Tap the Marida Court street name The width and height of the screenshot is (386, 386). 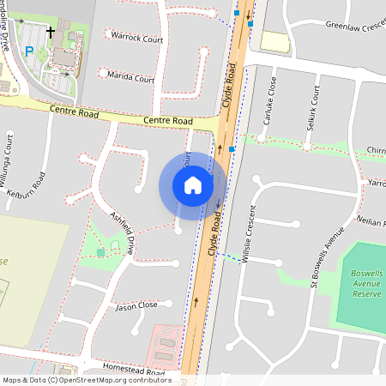(x=132, y=79)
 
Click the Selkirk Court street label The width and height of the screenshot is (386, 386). (x=315, y=104)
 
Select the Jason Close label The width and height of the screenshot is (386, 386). (x=136, y=305)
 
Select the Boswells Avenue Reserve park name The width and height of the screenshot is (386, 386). (x=366, y=283)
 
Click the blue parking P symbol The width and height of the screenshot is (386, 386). (x=29, y=51)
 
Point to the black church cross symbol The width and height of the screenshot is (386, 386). (x=51, y=33)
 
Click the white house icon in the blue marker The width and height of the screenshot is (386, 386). (x=193, y=185)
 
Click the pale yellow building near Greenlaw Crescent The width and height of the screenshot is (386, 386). (x=274, y=41)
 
